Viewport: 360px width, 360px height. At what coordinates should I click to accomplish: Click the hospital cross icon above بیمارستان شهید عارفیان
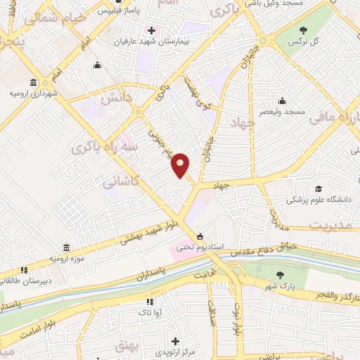150,30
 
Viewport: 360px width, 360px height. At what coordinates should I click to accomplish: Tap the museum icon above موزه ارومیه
66,247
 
